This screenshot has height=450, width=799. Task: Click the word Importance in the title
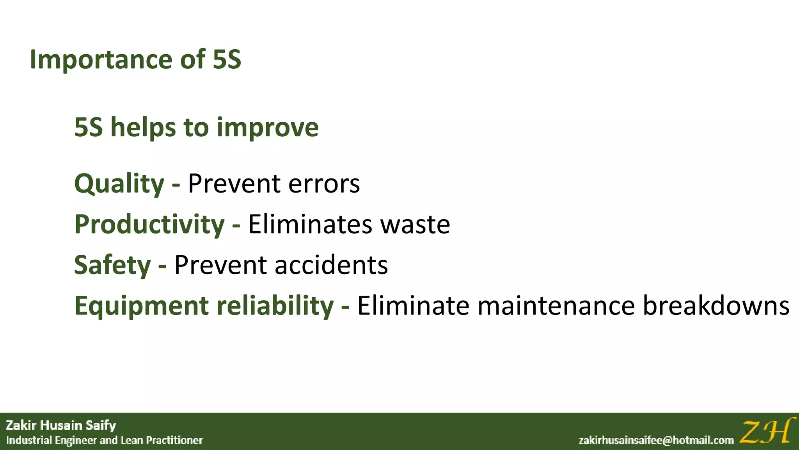point(101,60)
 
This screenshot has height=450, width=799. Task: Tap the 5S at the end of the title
point(227,60)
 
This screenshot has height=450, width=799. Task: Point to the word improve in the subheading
point(268,128)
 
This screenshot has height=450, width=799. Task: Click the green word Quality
point(119,184)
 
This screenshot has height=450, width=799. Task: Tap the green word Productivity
point(149,225)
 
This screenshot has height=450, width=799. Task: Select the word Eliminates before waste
point(310,225)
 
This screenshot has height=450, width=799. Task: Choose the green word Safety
point(112,265)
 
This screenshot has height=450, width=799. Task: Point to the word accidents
point(332,265)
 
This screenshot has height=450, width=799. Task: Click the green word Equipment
point(141,306)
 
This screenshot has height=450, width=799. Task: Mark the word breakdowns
point(716,306)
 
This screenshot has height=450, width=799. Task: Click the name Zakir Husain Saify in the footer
point(61,425)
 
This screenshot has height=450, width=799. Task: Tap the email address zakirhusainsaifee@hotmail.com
point(656,441)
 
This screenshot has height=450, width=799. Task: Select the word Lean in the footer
point(131,441)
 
